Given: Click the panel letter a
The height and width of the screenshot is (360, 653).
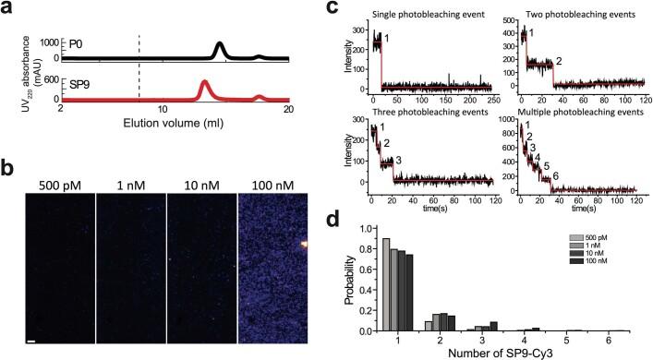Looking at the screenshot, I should [7, 9].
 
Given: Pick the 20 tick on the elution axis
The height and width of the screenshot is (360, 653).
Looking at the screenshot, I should [288, 110].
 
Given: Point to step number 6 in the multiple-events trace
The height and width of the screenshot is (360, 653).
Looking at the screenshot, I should [555, 175].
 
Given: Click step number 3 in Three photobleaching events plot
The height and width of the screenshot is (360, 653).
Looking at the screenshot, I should [397, 161].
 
